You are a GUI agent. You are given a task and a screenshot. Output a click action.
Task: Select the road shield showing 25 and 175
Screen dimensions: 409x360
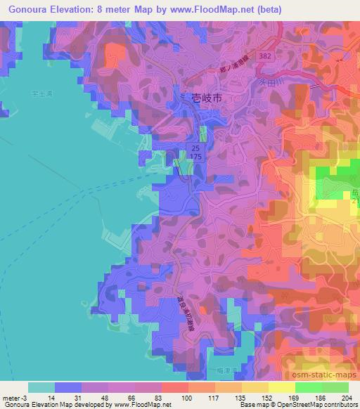pos(196,153)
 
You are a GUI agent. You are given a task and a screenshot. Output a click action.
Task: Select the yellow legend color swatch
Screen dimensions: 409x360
pos(282,387)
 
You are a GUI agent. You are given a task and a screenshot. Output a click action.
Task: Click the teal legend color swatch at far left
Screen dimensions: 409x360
pos(41,387)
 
